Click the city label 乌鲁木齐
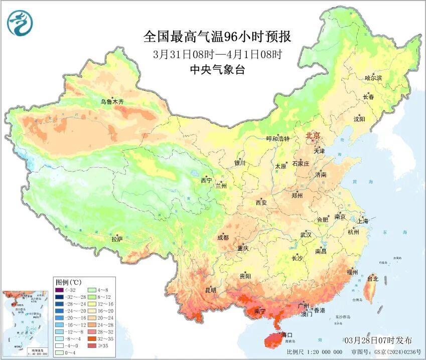click(111, 102)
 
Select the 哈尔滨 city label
click(373, 78)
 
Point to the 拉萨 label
click(117, 239)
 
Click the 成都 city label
click(223, 238)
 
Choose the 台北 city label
click(372, 278)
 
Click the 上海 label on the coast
click(363, 221)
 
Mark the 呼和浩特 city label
click(277, 138)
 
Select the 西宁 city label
click(206, 180)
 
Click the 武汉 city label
click(306, 235)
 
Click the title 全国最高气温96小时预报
click(217, 37)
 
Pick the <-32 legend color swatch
click(59, 289)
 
